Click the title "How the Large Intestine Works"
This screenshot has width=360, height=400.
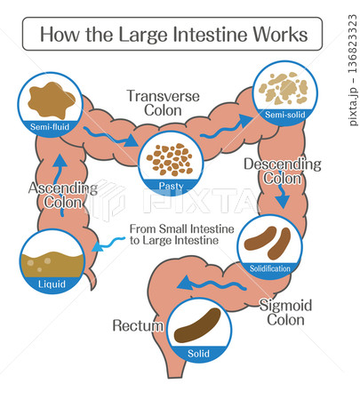(173, 35)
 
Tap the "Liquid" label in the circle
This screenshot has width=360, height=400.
(52, 284)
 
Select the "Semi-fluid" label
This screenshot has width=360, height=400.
(50, 127)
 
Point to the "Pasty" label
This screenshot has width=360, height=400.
(171, 186)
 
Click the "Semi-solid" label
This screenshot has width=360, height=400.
(285, 115)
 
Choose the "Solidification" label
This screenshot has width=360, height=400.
(270, 268)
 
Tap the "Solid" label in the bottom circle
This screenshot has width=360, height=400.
(198, 354)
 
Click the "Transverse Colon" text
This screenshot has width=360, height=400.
(164, 103)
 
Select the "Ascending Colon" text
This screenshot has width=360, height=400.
(63, 196)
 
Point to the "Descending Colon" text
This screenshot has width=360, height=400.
(283, 172)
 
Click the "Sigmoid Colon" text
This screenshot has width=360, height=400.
(286, 313)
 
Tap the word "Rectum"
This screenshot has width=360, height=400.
(138, 325)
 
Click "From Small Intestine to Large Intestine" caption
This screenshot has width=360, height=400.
(182, 235)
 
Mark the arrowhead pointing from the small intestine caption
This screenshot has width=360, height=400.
(98, 246)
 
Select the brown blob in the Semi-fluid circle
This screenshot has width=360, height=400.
(51, 100)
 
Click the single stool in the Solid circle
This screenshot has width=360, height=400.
(197, 325)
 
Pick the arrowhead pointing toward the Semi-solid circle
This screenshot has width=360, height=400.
(246, 120)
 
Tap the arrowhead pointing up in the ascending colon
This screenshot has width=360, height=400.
(60, 161)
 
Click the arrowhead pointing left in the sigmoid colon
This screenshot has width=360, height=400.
(184, 283)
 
